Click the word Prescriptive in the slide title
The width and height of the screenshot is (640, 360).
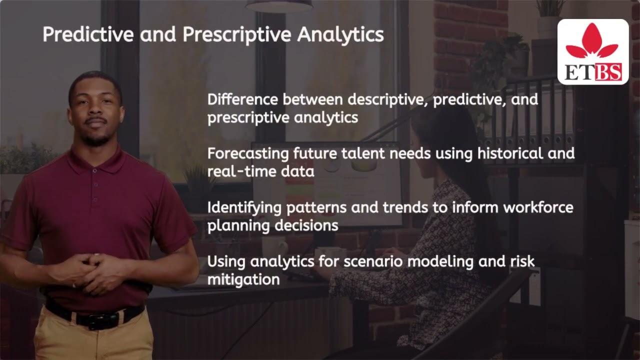click(237, 35)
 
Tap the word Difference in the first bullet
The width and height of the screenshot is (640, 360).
click(243, 99)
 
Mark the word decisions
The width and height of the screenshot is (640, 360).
click(306, 225)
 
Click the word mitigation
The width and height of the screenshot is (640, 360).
click(243, 279)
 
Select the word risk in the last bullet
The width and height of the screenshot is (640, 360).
click(521, 261)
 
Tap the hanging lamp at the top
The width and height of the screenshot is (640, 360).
click(279, 5)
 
